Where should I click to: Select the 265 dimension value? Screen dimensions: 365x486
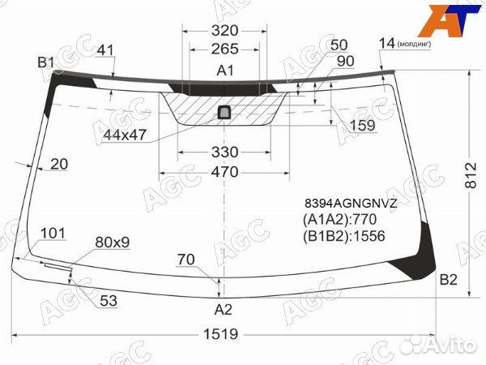coord(225,49)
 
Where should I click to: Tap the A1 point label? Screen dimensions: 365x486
coord(225,71)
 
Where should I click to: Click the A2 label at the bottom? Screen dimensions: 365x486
coord(223,309)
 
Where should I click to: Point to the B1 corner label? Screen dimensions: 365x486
coord(45,62)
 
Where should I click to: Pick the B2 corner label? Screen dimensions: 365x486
coord(448,281)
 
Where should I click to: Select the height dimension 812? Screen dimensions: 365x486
coord(472,184)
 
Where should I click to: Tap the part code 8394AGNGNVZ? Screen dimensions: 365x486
coord(350,204)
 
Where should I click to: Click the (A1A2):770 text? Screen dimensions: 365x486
coord(342,220)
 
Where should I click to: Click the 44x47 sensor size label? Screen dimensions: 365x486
coord(125,134)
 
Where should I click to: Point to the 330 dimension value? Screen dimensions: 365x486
coord(224,152)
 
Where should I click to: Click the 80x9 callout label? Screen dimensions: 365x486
coord(112,242)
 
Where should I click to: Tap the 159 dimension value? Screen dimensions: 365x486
coord(361,126)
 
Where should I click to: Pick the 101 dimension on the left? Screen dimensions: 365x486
coord(52,234)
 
